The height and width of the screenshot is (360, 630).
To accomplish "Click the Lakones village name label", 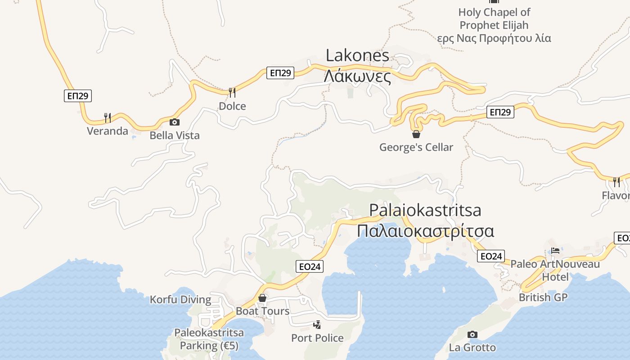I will (x=357, y=56).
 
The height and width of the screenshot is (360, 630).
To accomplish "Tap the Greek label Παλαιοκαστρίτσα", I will (x=425, y=231).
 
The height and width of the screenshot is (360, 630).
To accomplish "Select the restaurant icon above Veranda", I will (x=108, y=118).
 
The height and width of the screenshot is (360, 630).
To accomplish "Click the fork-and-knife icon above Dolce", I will (x=232, y=93).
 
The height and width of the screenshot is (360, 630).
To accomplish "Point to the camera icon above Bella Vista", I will (x=174, y=122).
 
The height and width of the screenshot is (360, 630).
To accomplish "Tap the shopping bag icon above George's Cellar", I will (x=416, y=134).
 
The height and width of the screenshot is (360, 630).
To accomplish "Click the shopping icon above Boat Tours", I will (x=262, y=298).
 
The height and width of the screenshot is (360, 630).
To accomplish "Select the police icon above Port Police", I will (x=317, y=324).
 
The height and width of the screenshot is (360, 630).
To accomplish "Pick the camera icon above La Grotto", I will (x=472, y=334).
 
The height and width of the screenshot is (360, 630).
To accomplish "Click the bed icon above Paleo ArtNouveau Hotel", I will (x=555, y=251).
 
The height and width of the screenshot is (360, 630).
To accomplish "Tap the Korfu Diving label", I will (x=180, y=300).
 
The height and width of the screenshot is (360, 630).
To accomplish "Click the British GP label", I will (x=543, y=297).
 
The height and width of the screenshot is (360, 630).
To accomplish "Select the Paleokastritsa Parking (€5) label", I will (x=209, y=339).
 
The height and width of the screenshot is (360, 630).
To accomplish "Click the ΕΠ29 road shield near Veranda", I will (x=78, y=96).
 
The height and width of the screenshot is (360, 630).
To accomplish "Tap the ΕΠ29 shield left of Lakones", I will (x=280, y=73).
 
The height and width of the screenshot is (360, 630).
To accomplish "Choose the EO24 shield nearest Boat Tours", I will (x=310, y=266).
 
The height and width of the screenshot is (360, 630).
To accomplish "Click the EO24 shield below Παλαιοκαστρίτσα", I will (x=491, y=256).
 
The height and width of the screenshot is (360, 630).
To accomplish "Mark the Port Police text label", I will (x=317, y=338).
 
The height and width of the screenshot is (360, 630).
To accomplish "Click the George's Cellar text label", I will (x=416, y=147).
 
